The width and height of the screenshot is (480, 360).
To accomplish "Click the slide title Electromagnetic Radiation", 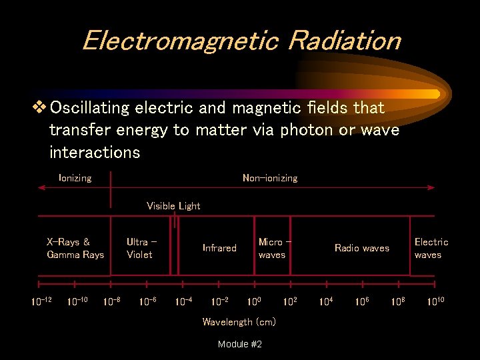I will point(241,41).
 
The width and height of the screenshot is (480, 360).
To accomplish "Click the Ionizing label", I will point(75,178).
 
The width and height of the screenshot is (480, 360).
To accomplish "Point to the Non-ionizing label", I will point(270,178).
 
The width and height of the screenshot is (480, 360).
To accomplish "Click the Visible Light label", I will point(173,206).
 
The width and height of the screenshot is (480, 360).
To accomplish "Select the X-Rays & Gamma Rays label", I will point(75,248).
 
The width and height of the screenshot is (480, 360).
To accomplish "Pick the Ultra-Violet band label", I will point(141,248).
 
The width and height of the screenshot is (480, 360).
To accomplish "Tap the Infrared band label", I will point(219,248).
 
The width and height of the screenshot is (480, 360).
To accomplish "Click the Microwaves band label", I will point(273,248).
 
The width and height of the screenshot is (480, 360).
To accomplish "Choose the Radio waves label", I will point(361,248).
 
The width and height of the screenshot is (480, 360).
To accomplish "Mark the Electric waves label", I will point(431,248).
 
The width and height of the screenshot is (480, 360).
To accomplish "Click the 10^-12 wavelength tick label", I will point(41,301).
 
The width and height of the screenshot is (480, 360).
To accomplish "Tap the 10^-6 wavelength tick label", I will point(148,301).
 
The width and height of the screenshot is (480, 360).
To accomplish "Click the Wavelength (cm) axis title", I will point(239,322).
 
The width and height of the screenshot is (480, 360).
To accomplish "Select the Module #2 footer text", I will point(239,344).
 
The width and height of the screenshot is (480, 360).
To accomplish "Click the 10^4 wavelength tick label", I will point(326,301).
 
